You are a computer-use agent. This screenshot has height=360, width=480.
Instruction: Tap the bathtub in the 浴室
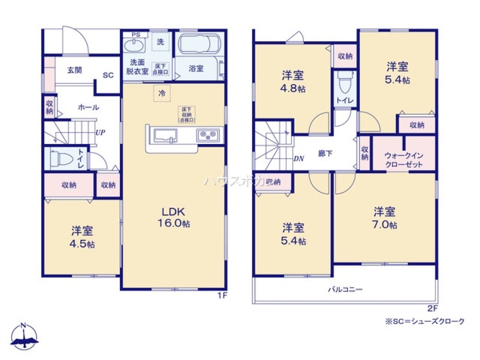tap(199, 46)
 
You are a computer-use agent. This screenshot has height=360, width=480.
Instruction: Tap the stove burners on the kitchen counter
tap(208, 134)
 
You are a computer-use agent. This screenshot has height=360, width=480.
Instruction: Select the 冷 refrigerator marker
tap(162, 94)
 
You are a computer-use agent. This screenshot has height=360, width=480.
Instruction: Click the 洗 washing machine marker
tap(160, 42)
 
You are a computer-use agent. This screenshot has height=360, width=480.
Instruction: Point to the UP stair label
tap(100, 132)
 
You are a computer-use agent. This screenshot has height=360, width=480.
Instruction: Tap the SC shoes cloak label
tap(108, 75)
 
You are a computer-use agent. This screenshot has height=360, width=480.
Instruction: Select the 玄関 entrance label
tap(74, 70)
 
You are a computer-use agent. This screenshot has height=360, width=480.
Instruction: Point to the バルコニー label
tap(345, 289)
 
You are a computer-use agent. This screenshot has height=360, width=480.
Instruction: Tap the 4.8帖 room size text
tap(293, 89)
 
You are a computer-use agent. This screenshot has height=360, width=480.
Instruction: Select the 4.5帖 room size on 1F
tap(83, 244)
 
